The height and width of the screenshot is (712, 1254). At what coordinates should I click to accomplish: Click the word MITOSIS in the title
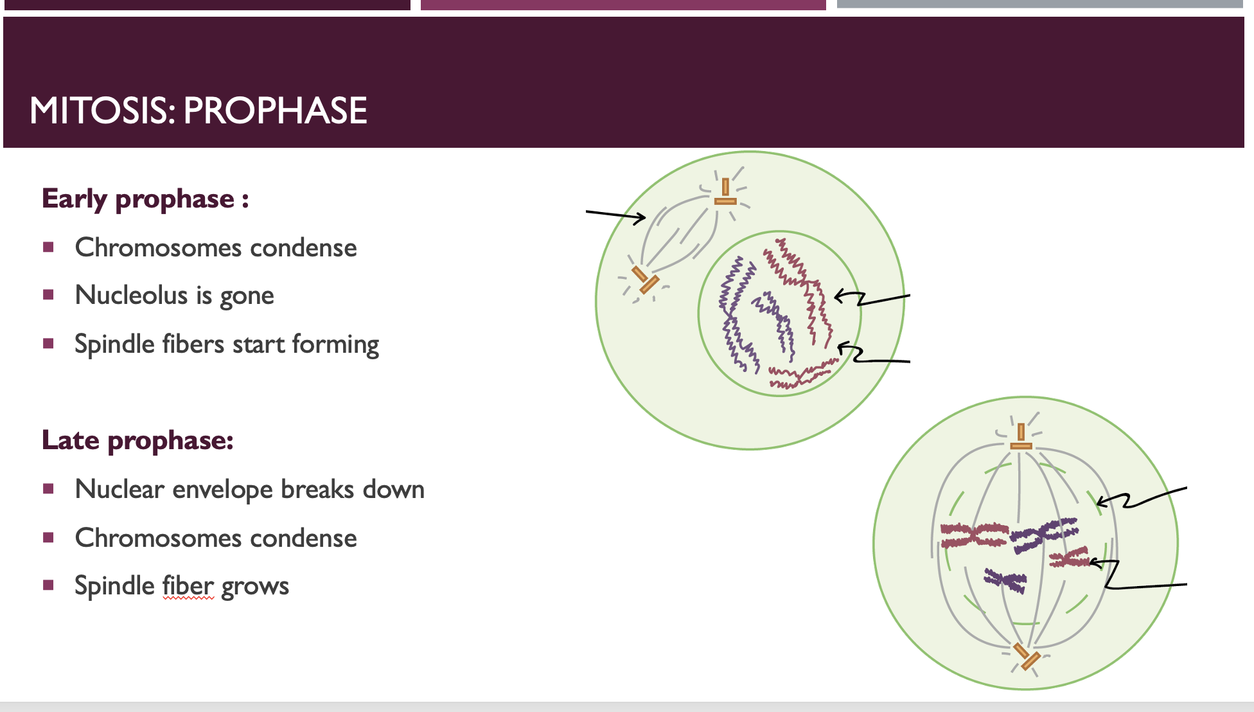(102, 111)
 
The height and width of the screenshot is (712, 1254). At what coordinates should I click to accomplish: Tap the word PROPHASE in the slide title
(275, 111)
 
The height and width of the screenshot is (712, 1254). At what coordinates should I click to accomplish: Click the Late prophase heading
(137, 441)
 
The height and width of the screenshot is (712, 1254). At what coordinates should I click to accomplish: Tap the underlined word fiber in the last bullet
(188, 585)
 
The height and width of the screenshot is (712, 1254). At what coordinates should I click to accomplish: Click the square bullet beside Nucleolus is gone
(48, 295)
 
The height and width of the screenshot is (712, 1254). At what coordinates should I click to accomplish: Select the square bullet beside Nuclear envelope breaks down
(48, 489)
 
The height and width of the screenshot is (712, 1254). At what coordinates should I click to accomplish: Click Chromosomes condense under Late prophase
(216, 538)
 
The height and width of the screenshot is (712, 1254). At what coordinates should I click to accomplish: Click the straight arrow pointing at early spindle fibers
(616, 216)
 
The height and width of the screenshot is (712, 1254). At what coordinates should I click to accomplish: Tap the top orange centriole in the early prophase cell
(725, 193)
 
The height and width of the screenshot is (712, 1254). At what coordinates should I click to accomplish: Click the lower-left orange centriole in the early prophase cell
(645, 280)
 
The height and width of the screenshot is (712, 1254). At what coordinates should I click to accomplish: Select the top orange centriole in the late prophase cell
(1021, 437)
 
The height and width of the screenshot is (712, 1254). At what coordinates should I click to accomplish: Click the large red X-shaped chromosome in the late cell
(974, 535)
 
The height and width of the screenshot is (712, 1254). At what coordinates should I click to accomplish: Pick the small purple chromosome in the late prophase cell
(1005, 580)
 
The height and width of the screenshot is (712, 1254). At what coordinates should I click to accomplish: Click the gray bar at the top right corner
(1040, 4)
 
